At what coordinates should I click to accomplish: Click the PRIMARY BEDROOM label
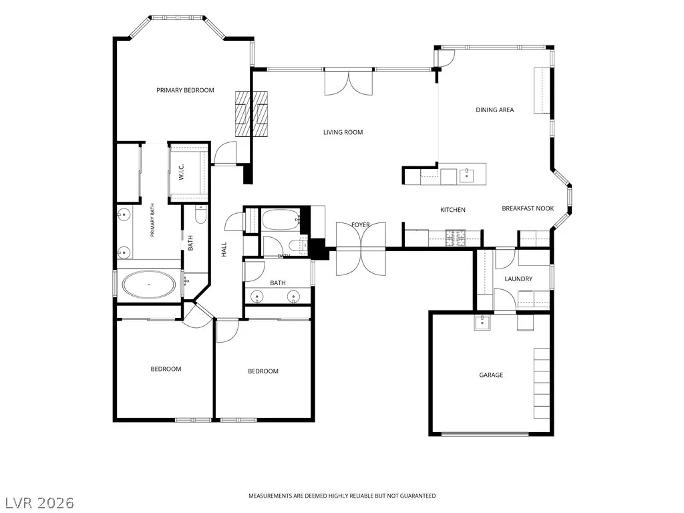pyautogui.click(x=186, y=90)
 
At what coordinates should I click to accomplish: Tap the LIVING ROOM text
pyautogui.click(x=343, y=132)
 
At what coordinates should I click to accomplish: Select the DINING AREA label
pyautogui.click(x=495, y=110)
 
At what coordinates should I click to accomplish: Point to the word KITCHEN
pyautogui.click(x=453, y=210)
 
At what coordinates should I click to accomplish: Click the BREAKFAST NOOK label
pyautogui.click(x=528, y=208)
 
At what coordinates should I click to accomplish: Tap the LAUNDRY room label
pyautogui.click(x=518, y=279)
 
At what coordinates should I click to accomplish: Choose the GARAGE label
pyautogui.click(x=491, y=375)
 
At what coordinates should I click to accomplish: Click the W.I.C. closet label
pyautogui.click(x=182, y=172)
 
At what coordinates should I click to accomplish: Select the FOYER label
pyautogui.click(x=361, y=224)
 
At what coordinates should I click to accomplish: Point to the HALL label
pyautogui.click(x=224, y=250)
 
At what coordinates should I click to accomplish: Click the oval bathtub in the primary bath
pyautogui.click(x=149, y=285)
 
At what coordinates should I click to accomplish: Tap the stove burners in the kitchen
pyautogui.click(x=456, y=237)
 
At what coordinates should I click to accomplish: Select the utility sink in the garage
pyautogui.click(x=482, y=323)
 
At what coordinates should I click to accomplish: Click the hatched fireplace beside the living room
pyautogui.click(x=251, y=114)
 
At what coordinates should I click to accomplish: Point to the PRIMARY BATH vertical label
pyautogui.click(x=152, y=220)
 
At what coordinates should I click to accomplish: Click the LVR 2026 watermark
pyautogui.click(x=37, y=503)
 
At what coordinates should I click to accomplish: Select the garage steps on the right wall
pyautogui.click(x=542, y=383)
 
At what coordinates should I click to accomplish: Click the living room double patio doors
pyautogui.click(x=349, y=81)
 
